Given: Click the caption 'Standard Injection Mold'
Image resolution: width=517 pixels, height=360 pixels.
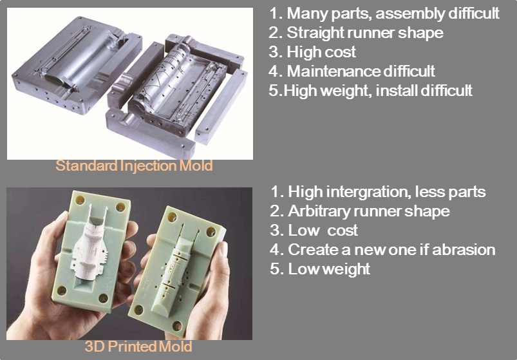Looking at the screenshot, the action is (134, 165).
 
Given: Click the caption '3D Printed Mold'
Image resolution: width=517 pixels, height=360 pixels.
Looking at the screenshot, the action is (138, 346).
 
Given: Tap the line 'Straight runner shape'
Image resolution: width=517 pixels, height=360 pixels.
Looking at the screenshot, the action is (356, 33).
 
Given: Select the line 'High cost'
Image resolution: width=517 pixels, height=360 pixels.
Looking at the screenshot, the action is (312, 52).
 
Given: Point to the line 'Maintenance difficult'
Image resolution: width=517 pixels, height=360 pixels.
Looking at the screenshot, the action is (352, 71).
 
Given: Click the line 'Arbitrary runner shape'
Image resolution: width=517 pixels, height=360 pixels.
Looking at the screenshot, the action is (360, 211).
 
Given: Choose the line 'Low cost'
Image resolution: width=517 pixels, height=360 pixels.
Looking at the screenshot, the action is (314, 230).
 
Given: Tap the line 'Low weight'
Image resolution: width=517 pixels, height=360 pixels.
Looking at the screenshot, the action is (320, 269).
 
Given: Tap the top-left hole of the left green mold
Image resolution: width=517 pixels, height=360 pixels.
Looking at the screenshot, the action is (80, 200).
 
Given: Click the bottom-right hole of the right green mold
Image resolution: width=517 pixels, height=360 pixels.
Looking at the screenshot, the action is (177, 326).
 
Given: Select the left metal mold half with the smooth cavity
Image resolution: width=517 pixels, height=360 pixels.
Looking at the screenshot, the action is (77, 65).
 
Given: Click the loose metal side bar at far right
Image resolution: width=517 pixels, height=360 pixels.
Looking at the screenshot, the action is (221, 106).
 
